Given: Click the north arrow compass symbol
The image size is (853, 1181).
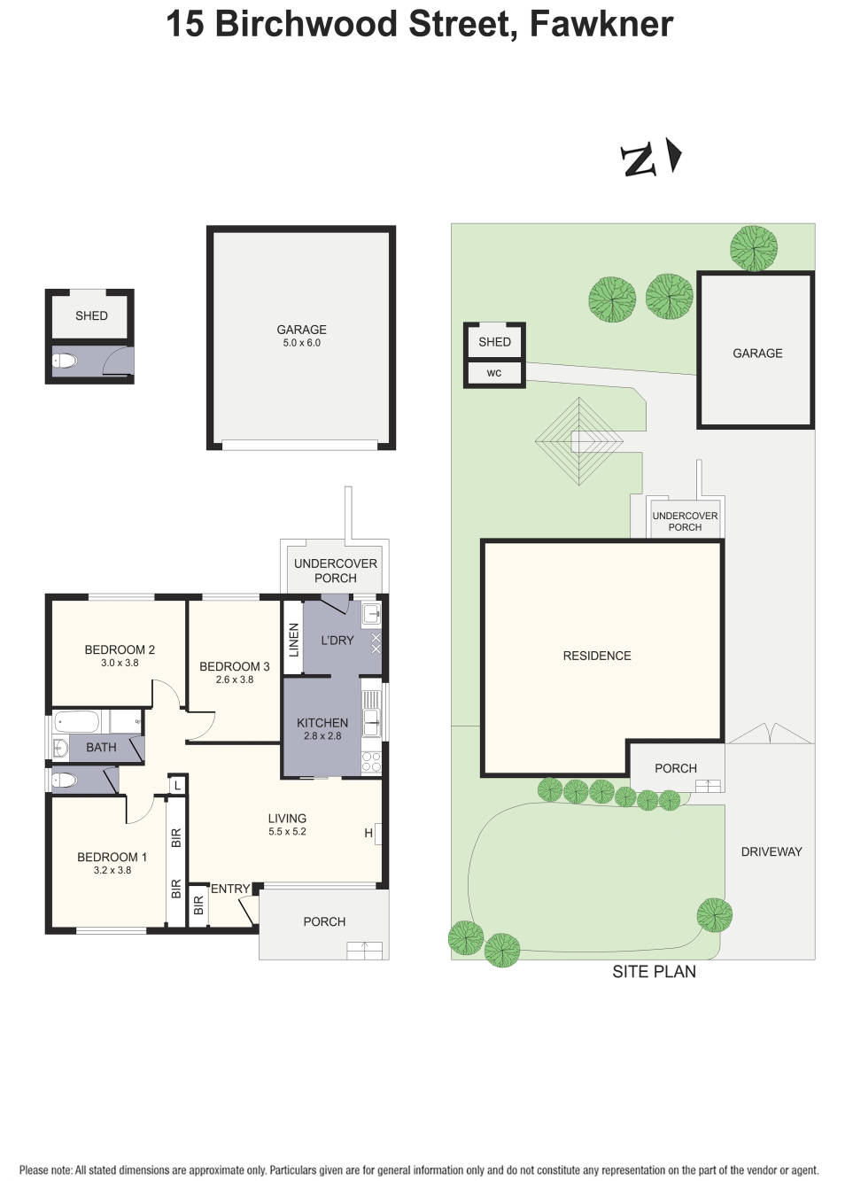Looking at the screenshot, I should pos(652,159).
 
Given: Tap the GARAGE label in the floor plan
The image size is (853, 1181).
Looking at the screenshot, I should pos(301,330).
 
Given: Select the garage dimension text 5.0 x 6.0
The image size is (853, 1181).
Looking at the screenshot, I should pos(301,343).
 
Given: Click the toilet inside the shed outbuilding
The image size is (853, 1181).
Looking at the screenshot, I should pos(66,361).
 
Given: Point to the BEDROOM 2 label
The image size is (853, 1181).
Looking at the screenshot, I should pos(120,649).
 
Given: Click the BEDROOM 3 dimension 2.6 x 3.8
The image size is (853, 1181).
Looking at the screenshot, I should pos(235,680).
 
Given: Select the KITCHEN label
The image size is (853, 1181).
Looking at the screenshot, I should pos(322,722).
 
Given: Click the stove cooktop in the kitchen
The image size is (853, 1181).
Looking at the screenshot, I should pos(371,761).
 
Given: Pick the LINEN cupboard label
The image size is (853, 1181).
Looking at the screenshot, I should pos(294,640).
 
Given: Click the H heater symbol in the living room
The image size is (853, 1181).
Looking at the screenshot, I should pos(368,833).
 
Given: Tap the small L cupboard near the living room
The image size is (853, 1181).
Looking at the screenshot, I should pos(177,785).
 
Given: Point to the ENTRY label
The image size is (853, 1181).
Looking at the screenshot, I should pos(229,889).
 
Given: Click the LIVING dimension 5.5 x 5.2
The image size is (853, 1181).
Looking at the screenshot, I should pos(287,832).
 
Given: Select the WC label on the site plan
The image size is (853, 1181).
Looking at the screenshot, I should pos(494,373).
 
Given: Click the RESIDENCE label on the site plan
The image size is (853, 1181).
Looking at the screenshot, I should pos(597,656).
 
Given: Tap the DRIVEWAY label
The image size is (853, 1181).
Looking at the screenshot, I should pos(771,851).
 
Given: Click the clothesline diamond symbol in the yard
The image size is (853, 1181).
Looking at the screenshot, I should pos(579,441).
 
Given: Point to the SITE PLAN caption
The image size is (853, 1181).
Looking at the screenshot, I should pos(654,972).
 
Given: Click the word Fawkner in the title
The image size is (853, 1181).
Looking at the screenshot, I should pos(601,24).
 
